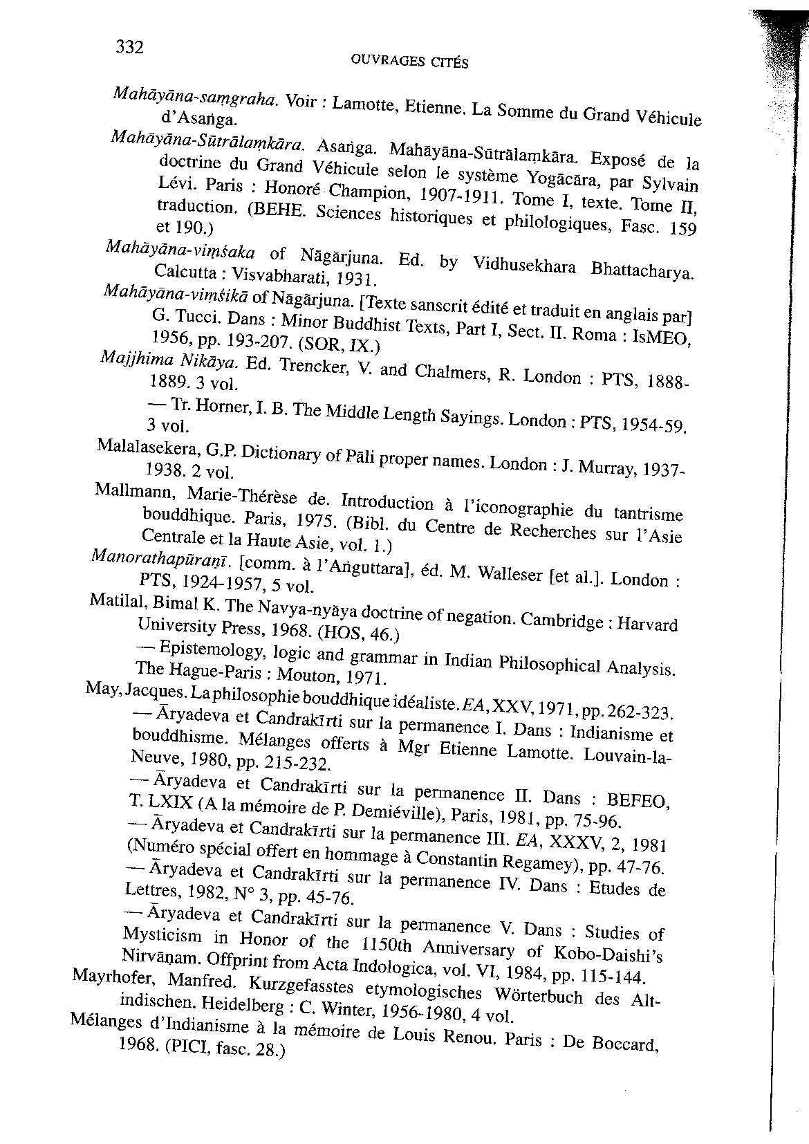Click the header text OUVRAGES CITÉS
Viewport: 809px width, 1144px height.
(405, 62)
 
